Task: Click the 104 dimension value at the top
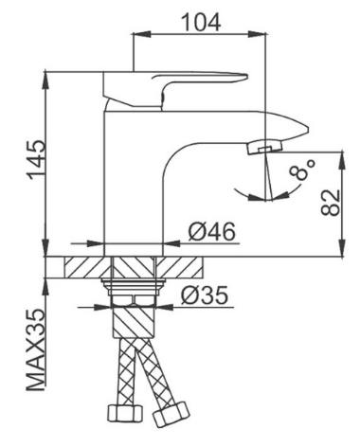coord(201,22)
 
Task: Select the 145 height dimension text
coord(37,160)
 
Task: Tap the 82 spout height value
coord(331,202)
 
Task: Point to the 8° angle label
coord(302,170)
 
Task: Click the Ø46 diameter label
coord(212,231)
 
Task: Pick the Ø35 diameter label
coord(204,295)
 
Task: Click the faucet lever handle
coord(174,90)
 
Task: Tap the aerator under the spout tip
coord(264,147)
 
